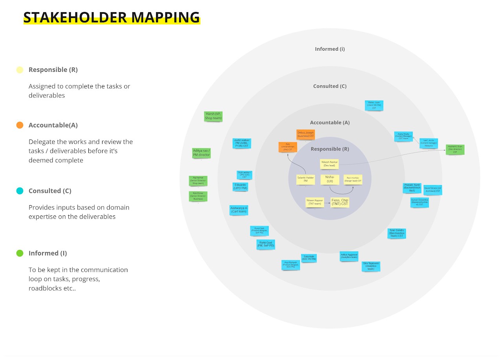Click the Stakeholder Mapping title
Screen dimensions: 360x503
pos(112,17)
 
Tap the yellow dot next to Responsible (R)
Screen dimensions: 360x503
pos(20,70)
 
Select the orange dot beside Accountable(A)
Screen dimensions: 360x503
pos(20,125)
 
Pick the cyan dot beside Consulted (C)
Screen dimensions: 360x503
pos(20,191)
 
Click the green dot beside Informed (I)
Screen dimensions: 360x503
pos(20,253)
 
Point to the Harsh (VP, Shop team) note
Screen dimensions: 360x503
pos(213,116)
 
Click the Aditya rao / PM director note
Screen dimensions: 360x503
pos(202,153)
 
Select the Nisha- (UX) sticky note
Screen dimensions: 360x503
pos(330,179)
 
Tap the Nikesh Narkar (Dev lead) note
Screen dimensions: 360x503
pos(329,164)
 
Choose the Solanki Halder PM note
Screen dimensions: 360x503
pos(305,180)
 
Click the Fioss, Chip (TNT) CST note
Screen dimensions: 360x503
pos(340,202)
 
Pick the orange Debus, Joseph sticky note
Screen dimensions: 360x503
pos(305,134)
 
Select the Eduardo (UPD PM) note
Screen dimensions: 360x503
pos(240,187)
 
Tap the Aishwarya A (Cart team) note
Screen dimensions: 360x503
pos(239,210)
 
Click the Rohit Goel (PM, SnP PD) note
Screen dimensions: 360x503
pos(266,244)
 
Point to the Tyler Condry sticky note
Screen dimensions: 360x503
pos(396,233)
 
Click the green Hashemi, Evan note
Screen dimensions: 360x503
pos(455,149)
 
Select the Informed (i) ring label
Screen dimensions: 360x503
pos(330,49)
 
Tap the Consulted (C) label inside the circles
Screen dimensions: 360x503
pos(330,86)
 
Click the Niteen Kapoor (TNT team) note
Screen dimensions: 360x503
pos(316,202)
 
